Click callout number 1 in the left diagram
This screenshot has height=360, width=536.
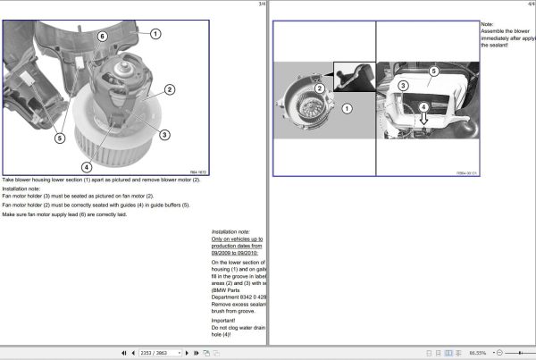tap(155, 33)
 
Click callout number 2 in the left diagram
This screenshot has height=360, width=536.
tap(170, 89)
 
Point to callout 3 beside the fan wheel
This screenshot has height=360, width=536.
tap(164, 135)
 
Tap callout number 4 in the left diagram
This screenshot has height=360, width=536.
tap(87, 166)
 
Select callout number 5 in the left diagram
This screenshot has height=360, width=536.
tap(59, 138)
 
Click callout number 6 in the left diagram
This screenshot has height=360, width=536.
tap(102, 36)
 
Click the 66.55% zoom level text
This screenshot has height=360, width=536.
tap(478, 353)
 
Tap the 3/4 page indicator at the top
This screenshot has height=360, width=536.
tap(261, 4)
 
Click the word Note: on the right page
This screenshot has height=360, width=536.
tap(487, 24)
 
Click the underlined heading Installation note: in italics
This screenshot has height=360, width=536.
tap(230, 231)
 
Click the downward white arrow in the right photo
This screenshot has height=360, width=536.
tap(424, 115)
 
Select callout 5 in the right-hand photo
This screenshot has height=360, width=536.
tap(432, 71)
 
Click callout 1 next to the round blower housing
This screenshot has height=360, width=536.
tap(348, 107)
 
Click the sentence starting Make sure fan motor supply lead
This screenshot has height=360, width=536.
tap(63, 215)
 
